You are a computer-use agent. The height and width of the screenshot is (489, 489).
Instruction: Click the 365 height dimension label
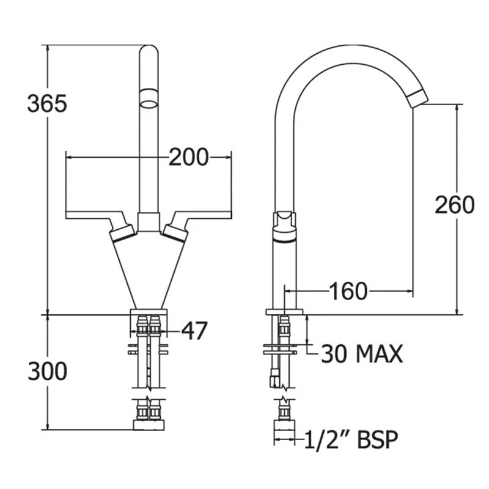point(47,103)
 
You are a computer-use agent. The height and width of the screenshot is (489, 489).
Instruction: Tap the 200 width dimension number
point(188,157)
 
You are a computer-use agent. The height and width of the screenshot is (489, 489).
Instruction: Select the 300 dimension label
point(48,371)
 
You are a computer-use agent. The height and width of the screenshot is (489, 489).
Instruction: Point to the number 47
point(194,331)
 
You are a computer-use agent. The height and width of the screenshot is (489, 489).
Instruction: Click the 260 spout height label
point(454,205)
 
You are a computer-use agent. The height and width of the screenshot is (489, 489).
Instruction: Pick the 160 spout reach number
point(348,292)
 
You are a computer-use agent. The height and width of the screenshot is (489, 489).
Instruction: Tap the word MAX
point(379,354)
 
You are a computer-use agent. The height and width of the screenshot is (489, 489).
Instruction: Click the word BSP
point(377,439)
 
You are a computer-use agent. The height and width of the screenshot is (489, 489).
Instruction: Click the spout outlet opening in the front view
point(149,104)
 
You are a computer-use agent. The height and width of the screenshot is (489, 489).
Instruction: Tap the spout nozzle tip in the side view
point(418,98)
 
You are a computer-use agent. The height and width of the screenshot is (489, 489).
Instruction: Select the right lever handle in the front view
point(196,225)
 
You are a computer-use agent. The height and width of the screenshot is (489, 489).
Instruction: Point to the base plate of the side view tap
point(284,312)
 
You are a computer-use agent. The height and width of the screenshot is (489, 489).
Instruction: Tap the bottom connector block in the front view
point(149,425)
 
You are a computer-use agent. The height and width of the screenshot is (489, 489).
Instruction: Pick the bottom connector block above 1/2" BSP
point(284,425)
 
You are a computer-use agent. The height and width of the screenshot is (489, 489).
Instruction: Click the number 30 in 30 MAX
point(334,354)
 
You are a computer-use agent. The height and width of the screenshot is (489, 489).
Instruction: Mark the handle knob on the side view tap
point(284,227)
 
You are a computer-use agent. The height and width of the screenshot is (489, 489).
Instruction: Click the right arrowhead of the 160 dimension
point(410,292)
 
